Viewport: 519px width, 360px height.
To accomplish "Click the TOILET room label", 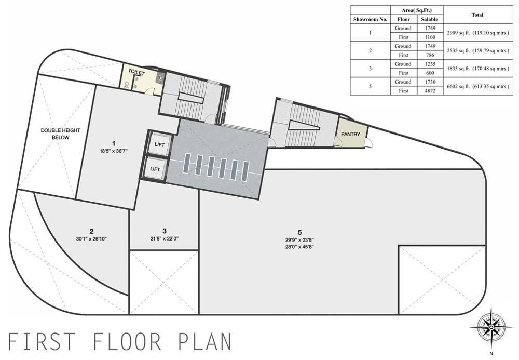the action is pyautogui.click(x=136, y=72).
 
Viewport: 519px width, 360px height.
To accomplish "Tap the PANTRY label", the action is pyautogui.click(x=350, y=134).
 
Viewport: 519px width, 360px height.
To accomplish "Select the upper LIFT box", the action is pyautogui.click(x=159, y=145).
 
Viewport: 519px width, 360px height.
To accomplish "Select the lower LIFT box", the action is pyautogui.click(x=155, y=169).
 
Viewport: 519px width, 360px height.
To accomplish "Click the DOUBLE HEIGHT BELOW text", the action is pyautogui.click(x=60, y=134).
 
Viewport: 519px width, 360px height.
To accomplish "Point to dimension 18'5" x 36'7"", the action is pyautogui.click(x=114, y=151).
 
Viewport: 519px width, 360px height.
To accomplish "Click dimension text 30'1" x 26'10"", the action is pyautogui.click(x=91, y=238).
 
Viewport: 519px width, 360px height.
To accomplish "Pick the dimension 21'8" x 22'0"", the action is pyautogui.click(x=165, y=238).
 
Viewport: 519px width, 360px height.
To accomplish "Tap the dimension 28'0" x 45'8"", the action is pyautogui.click(x=300, y=247).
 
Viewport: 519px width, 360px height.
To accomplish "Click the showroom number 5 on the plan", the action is pyautogui.click(x=300, y=232).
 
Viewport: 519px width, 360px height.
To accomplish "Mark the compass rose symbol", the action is pyautogui.click(x=491, y=327).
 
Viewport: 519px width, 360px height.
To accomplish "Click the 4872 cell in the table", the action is pyautogui.click(x=430, y=91).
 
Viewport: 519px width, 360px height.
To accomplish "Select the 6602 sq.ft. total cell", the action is pyautogui.click(x=478, y=86).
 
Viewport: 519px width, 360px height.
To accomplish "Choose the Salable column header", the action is pyautogui.click(x=430, y=19).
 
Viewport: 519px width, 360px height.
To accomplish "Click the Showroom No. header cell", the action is pyautogui.click(x=371, y=19).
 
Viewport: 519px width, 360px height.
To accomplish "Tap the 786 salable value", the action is pyautogui.click(x=430, y=55).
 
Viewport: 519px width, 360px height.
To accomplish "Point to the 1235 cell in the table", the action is pyautogui.click(x=430, y=64).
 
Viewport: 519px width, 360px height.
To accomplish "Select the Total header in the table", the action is pyautogui.click(x=478, y=15).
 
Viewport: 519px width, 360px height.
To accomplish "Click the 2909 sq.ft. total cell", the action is pyautogui.click(x=478, y=33).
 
